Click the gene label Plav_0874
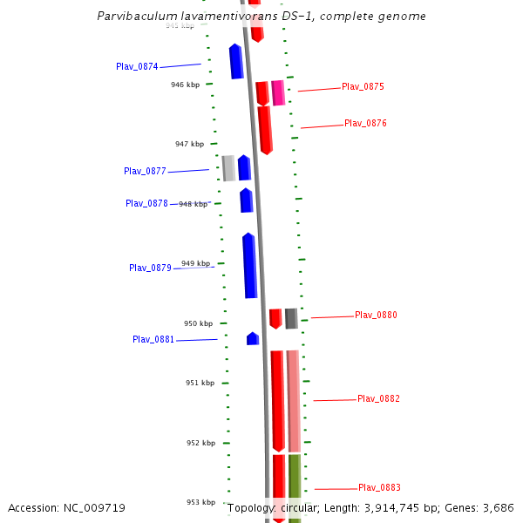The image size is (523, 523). pyautogui.click(x=137, y=66)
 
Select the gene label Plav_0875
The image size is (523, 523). pyautogui.click(x=363, y=86)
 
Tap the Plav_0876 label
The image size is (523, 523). pyautogui.click(x=365, y=123)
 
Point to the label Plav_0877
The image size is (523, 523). pyautogui.click(x=145, y=171)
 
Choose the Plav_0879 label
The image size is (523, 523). pyautogui.click(x=150, y=268)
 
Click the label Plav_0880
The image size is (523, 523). pyautogui.click(x=376, y=315)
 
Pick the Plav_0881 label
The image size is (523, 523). pyautogui.click(x=153, y=339)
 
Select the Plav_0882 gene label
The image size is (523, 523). pyautogui.click(x=378, y=398)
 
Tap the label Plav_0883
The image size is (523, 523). pyautogui.click(x=379, y=487)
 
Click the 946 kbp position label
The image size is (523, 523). pyautogui.click(x=186, y=85)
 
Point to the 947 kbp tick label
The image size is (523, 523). pyautogui.click(x=189, y=144)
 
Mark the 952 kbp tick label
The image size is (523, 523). pyautogui.click(x=200, y=443)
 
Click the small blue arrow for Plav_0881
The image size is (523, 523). pyautogui.click(x=253, y=338)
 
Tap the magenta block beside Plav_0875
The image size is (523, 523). pyautogui.click(x=278, y=92)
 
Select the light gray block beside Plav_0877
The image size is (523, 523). pyautogui.click(x=228, y=167)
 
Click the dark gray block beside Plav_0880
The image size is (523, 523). pyautogui.click(x=291, y=318)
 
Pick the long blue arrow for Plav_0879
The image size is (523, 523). pyautogui.click(x=249, y=266)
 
